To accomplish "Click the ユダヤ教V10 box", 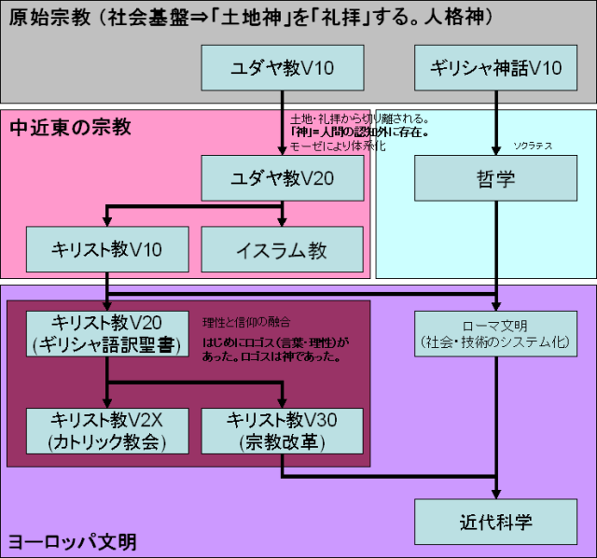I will click(x=282, y=67).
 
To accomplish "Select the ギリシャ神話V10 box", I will click(x=496, y=67).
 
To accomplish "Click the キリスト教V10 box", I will click(x=107, y=249).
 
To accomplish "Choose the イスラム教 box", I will click(x=282, y=249).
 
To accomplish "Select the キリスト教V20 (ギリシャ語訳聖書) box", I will click(x=107, y=333).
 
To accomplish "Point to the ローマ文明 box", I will click(x=496, y=333).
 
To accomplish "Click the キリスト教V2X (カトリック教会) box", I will click(x=107, y=430).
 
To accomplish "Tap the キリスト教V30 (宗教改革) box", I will click(x=282, y=430).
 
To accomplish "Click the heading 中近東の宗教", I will click(x=70, y=126).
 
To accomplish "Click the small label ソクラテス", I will click(x=534, y=146).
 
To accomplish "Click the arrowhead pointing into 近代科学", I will click(x=496, y=494).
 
